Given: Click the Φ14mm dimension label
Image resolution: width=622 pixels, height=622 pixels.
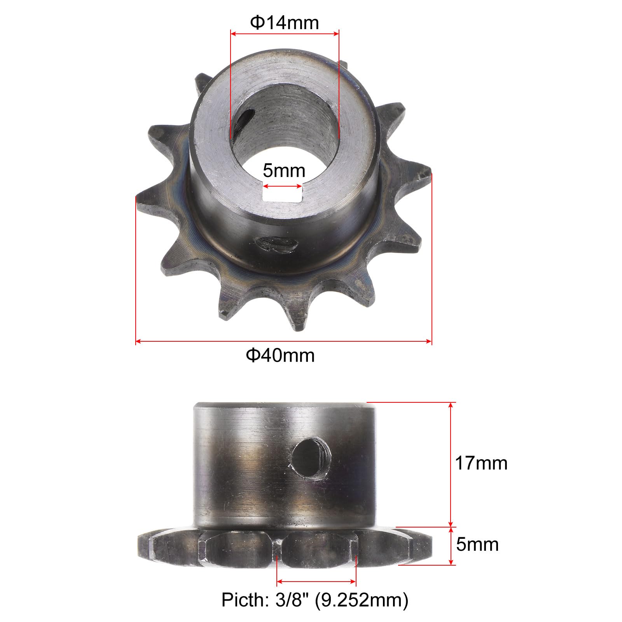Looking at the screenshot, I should (284, 23).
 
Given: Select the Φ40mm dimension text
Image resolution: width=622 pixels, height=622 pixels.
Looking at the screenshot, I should (280, 355).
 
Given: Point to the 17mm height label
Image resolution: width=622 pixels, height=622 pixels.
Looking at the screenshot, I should (481, 463).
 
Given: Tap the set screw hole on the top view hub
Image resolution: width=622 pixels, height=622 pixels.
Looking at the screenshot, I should (278, 245).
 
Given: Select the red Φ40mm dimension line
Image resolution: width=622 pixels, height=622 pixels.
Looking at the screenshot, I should (284, 342).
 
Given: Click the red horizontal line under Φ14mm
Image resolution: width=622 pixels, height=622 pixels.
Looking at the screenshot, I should (285, 34).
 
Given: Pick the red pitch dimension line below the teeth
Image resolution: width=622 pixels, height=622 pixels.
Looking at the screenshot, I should (316, 582).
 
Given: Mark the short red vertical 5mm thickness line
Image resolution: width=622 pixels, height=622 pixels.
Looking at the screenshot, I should (451, 545).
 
